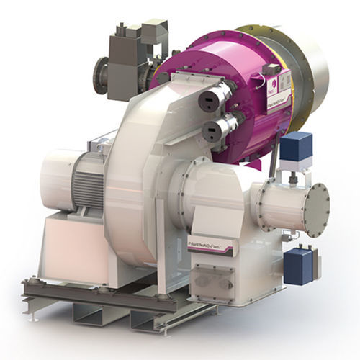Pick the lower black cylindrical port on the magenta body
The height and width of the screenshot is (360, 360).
[x=213, y=131]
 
